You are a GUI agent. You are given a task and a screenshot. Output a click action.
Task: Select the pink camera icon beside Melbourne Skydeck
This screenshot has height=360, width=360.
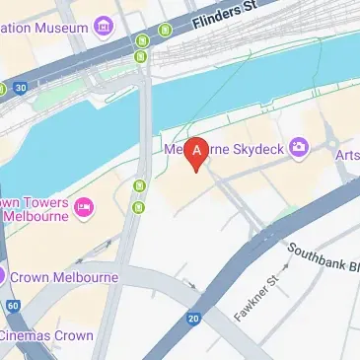(x=298, y=148)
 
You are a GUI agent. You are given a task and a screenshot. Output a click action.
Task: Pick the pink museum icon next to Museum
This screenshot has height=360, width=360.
(x=104, y=27)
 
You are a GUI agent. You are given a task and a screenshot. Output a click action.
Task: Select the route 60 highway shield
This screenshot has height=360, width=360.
(x=12, y=307)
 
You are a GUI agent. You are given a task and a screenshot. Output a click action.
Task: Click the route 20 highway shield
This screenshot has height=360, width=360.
(x=193, y=318)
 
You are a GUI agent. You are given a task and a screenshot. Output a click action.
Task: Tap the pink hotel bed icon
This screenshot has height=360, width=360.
(x=84, y=206)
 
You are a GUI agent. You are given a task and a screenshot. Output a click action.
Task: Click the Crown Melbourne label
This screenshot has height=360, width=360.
(x=65, y=277)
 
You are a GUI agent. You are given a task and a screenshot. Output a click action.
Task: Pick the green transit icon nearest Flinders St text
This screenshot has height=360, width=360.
(x=164, y=31)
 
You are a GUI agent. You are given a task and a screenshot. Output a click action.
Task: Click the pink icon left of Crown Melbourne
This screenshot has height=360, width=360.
(x=3, y=276)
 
